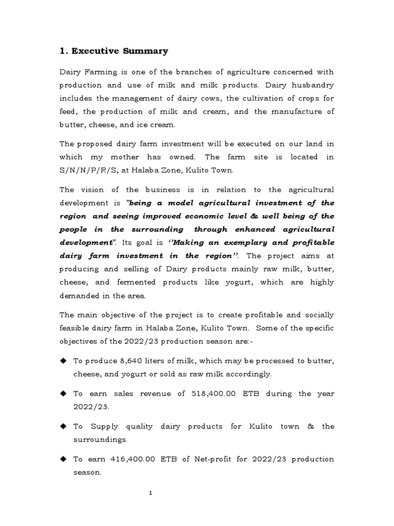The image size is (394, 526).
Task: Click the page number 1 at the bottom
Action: click(x=151, y=493)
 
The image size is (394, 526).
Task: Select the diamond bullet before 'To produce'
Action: click(x=64, y=361)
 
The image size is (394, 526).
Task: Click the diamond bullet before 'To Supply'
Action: click(x=64, y=426)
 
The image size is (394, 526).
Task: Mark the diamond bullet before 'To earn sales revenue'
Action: click(x=64, y=393)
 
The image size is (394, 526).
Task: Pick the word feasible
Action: click(x=75, y=328)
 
